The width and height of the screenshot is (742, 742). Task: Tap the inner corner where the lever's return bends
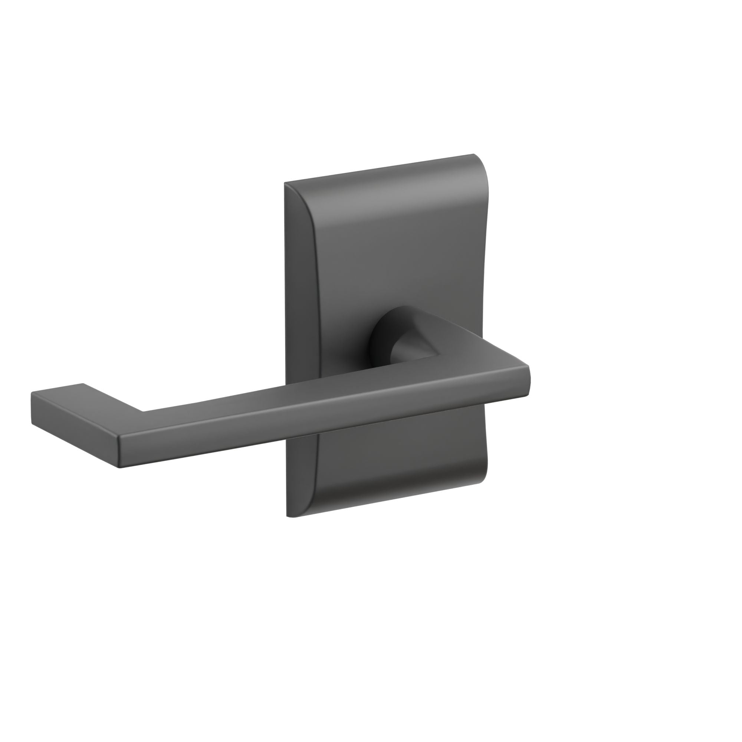pos(144,412)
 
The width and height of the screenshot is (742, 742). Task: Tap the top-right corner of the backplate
pos(473,155)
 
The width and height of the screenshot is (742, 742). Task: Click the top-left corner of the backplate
pos(285,183)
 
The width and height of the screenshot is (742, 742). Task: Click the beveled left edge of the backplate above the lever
pos(299,269)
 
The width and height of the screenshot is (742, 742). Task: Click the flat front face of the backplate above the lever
pos(395,250)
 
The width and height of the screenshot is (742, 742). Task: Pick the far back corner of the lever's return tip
pos(83,384)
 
